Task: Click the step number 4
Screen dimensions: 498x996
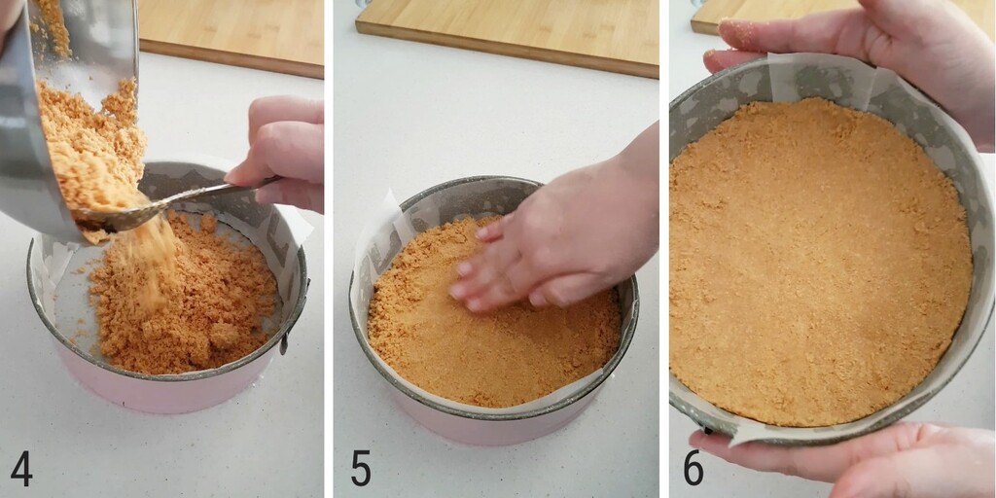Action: pyautogui.click(x=21, y=469)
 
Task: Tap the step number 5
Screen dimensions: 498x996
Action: pyautogui.click(x=361, y=469)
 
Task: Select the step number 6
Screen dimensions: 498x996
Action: pyautogui.click(x=693, y=469)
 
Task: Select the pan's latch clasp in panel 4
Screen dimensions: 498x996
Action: pyautogui.click(x=284, y=340)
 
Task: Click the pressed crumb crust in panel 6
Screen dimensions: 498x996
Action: pyautogui.click(x=817, y=263)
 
